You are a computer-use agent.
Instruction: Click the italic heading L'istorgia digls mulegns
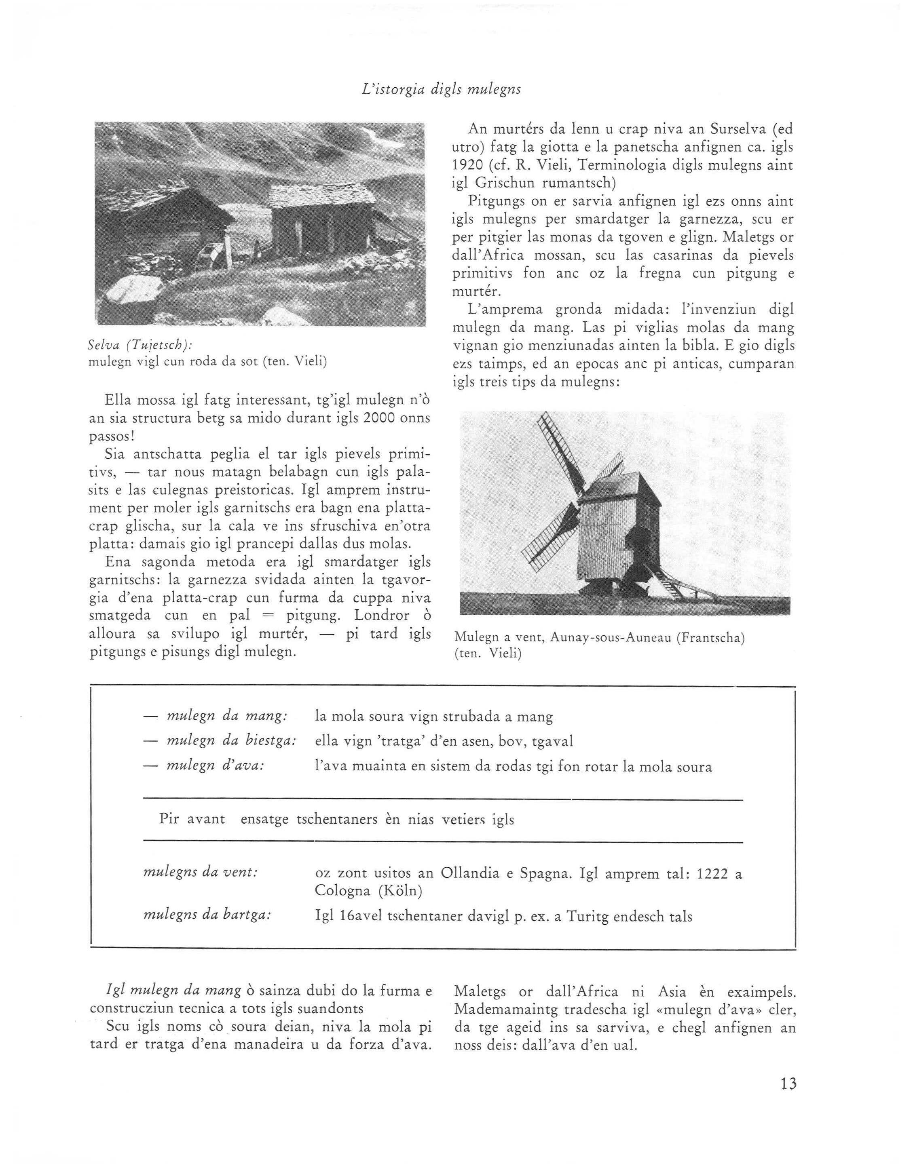(442, 89)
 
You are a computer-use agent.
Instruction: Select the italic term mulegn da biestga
(232, 741)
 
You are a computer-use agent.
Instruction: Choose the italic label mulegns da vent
(201, 872)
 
